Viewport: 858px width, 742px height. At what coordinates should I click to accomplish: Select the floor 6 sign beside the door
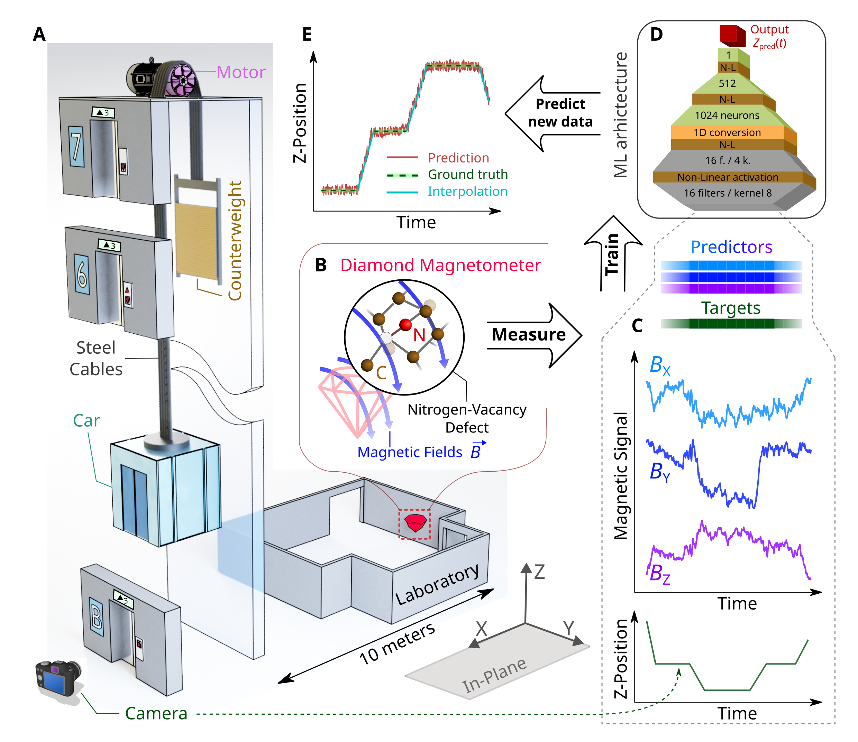click(x=82, y=274)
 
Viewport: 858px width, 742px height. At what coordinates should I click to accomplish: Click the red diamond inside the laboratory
click(x=415, y=523)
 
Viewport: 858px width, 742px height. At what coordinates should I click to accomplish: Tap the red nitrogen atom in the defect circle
click(x=405, y=325)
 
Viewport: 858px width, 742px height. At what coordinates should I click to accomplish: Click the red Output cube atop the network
click(x=732, y=35)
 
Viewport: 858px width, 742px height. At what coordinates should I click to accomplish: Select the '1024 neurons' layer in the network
click(x=727, y=115)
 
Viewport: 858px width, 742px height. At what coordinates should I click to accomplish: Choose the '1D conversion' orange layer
click(x=727, y=132)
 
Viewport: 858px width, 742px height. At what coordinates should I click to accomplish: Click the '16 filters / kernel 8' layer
click(x=727, y=193)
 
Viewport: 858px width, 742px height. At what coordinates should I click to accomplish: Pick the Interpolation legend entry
click(x=467, y=191)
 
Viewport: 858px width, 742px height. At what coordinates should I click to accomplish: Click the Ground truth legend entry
click(x=468, y=174)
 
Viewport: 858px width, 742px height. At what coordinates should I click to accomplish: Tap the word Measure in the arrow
click(x=529, y=335)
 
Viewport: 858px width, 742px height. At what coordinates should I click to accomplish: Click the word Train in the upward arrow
click(x=612, y=254)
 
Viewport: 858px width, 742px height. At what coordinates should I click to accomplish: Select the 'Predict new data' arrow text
click(x=560, y=113)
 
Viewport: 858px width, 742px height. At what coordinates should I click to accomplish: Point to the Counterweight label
click(x=235, y=240)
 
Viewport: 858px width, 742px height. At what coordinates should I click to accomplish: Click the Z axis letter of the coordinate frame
click(x=539, y=572)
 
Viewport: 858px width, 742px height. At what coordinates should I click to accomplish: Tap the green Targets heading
click(x=731, y=308)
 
